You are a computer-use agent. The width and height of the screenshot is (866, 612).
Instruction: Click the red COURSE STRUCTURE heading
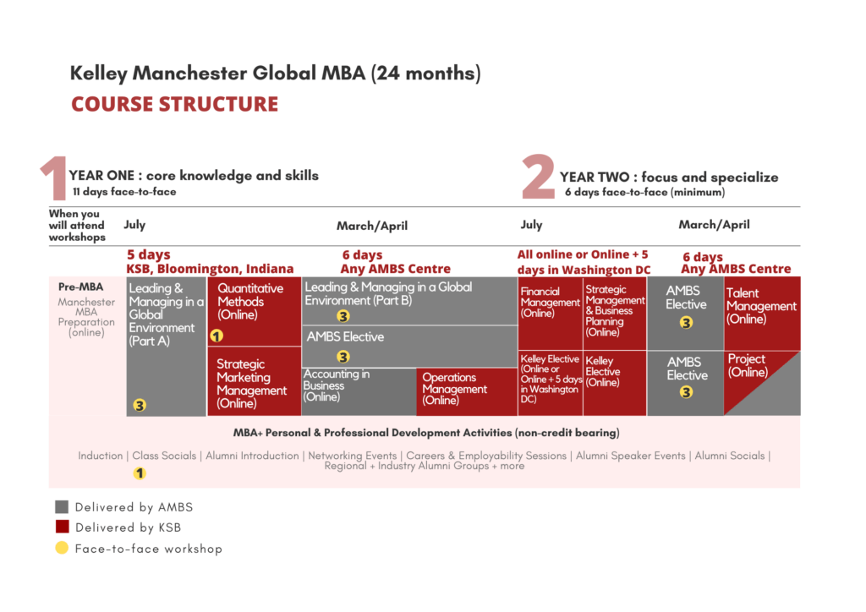[x=174, y=104]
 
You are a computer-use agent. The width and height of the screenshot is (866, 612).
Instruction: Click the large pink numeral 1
[x=53, y=179]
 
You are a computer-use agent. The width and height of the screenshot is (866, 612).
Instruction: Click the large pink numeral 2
[x=538, y=178]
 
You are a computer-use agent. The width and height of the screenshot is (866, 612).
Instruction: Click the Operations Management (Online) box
[x=466, y=391]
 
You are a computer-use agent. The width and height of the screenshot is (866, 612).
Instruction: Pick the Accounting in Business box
[x=359, y=391]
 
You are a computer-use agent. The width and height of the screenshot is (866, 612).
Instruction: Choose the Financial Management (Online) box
[x=550, y=313]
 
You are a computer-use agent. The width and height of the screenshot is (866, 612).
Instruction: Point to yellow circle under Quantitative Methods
[x=216, y=336]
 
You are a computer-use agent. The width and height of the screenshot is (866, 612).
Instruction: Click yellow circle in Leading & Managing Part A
[x=140, y=405]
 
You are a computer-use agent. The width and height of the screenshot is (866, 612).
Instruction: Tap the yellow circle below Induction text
[x=140, y=473]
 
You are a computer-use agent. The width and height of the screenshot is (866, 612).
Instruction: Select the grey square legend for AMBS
[x=62, y=507]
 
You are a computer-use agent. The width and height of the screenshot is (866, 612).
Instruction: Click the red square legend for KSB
[x=62, y=527]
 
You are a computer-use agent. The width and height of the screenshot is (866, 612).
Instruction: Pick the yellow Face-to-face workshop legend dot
[x=62, y=549]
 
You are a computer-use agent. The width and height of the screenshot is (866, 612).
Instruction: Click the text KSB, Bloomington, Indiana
[x=210, y=269]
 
